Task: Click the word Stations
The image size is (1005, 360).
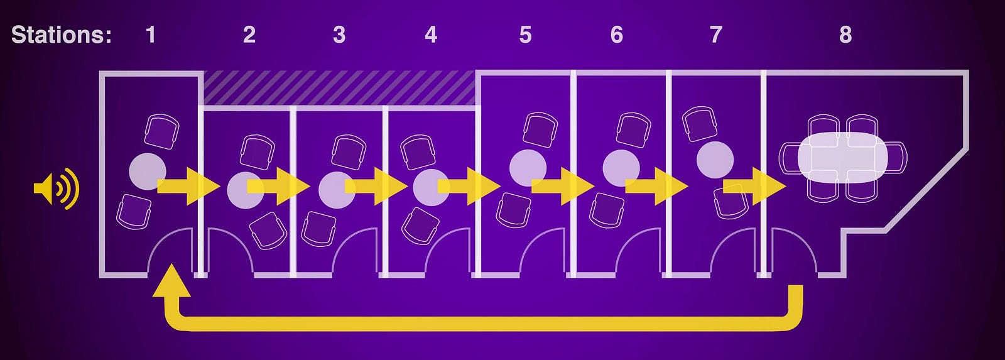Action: click(61, 35)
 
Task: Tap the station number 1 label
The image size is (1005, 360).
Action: click(151, 35)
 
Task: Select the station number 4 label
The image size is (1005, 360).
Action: click(431, 35)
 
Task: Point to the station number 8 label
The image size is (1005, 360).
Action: click(845, 35)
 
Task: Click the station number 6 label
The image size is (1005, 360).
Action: click(617, 35)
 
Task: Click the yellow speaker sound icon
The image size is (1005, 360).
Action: click(57, 188)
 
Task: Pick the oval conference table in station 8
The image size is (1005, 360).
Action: click(843, 157)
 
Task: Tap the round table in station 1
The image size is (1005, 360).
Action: click(147, 171)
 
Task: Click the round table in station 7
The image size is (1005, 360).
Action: click(715, 159)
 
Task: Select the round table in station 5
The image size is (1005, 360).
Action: click(528, 168)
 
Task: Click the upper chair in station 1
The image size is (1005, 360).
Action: click(161, 131)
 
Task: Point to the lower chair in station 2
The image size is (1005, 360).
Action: click(268, 231)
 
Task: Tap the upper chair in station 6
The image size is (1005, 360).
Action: click(633, 130)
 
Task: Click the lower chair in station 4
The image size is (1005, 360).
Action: click(420, 225)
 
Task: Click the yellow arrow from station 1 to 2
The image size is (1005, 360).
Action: click(187, 186)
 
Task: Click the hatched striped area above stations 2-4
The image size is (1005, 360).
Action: click(339, 88)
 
